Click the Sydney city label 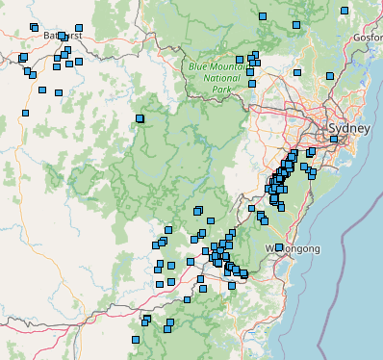click(x=347, y=128)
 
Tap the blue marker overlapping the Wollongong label click(x=279, y=247)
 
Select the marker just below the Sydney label click(x=334, y=140)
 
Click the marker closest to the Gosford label click(x=344, y=11)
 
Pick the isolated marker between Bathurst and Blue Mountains click(x=140, y=119)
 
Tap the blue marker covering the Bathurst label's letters click(x=63, y=37)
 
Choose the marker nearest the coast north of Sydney click(x=329, y=76)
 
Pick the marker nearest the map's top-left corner click(x=34, y=28)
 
